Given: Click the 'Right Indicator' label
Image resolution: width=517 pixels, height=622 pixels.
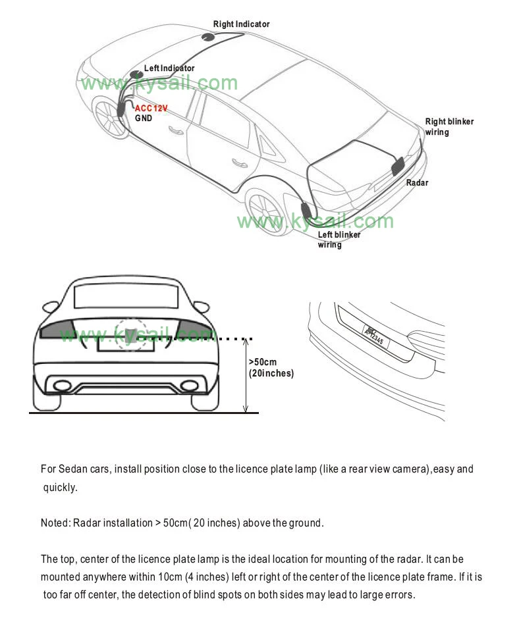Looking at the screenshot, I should coord(241,24).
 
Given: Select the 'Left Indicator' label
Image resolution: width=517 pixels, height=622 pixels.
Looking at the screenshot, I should coord(169,68).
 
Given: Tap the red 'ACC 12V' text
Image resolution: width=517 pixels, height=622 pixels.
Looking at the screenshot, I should coord(151,108).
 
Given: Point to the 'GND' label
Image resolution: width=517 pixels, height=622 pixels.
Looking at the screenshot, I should coord(144,118).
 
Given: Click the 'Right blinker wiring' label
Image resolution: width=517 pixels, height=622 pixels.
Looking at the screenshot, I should coord(449,126).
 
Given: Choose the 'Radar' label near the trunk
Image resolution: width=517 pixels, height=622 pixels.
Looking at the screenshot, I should coord(417,182).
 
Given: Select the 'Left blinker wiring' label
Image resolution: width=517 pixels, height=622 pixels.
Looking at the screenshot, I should coord(339,240).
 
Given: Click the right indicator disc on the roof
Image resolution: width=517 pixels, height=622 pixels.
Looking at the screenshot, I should coord(209,37).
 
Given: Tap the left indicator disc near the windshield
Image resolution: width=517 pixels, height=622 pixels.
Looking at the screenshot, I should coord(136,74).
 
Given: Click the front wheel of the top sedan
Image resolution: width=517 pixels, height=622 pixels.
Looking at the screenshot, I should coord(111,117).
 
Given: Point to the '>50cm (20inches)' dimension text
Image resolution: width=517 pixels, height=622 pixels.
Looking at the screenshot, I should coord(271,367).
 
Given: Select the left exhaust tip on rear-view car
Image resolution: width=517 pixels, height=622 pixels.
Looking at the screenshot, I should coord(62,386).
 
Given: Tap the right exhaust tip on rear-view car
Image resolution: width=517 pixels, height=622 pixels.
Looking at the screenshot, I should coord(188,386).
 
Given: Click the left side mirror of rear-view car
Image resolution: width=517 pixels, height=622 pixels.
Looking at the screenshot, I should coord(50,307).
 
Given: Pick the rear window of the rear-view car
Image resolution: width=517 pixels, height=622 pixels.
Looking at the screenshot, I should coord(126,296).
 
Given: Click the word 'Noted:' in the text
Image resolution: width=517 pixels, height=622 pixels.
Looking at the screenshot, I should coord(55,523).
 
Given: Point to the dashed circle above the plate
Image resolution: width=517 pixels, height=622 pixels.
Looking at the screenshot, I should coord(130,334).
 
